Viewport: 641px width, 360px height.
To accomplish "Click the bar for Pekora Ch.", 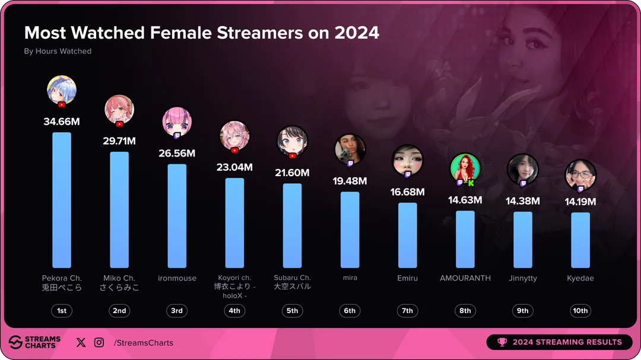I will (x=62, y=200).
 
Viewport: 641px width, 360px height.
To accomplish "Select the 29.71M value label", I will (x=119, y=141).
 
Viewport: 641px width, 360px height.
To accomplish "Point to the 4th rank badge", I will (x=234, y=311).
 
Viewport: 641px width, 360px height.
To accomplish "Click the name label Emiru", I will (x=408, y=278).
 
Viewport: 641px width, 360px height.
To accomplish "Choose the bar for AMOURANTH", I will (x=465, y=239).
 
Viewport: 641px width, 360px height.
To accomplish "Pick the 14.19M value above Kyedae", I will (x=580, y=202).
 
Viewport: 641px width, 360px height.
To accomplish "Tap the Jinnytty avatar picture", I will (x=522, y=168).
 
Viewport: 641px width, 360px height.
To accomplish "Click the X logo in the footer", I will (x=81, y=342).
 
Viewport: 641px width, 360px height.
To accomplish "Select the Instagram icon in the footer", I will (x=99, y=342).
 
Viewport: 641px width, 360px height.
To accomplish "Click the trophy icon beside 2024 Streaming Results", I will (x=502, y=342).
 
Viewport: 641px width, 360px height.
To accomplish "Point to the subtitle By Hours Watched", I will (x=58, y=52).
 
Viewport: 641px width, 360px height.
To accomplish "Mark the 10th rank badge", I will (x=580, y=311).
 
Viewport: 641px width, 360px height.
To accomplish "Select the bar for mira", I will (x=350, y=230).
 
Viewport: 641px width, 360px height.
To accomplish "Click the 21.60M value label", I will (x=292, y=173).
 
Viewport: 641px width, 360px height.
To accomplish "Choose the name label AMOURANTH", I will (x=465, y=278).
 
